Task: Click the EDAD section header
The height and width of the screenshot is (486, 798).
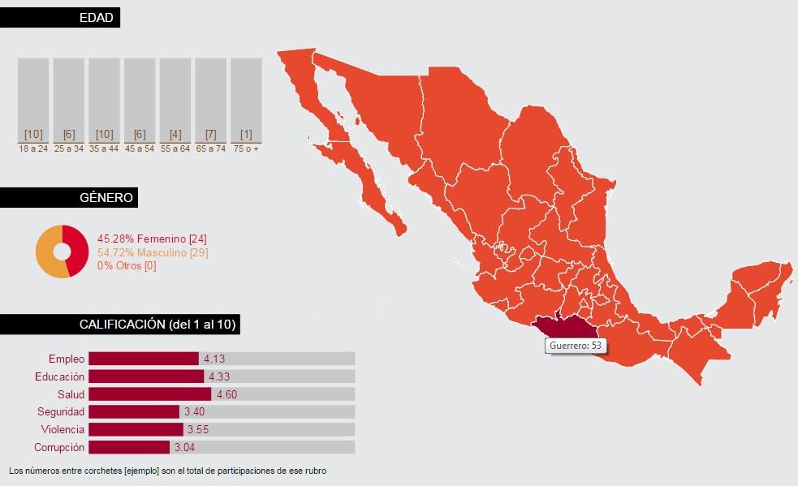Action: (x=96, y=17)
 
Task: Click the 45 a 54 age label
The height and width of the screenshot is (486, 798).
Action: (x=140, y=149)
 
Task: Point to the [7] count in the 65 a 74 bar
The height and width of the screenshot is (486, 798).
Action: (x=210, y=134)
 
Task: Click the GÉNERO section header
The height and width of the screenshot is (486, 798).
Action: (x=97, y=197)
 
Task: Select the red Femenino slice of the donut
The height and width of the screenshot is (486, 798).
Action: (x=76, y=250)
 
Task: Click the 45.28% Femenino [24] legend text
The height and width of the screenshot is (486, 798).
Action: (x=153, y=239)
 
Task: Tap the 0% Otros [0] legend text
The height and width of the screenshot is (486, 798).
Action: (x=127, y=266)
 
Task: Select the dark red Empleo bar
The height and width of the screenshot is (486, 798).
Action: (x=144, y=359)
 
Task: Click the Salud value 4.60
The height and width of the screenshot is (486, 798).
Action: (x=225, y=394)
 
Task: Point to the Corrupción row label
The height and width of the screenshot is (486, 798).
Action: (x=59, y=447)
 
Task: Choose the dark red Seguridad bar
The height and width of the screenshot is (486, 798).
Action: (x=134, y=412)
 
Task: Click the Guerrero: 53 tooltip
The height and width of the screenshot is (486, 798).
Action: (x=576, y=346)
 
